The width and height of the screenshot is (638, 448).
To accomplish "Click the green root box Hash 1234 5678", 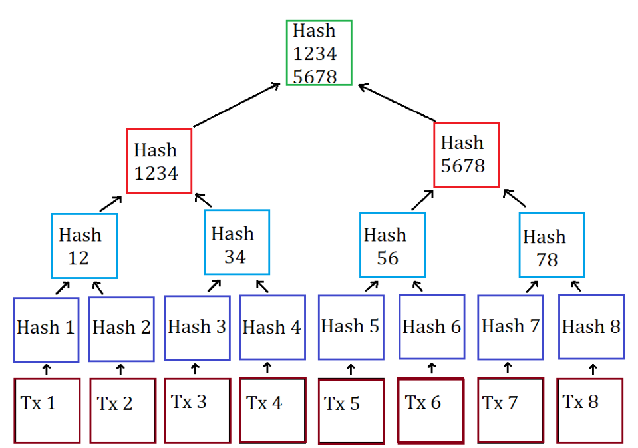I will [319, 53].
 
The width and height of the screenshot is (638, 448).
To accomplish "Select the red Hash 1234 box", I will [159, 161].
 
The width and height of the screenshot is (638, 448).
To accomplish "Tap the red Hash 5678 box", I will [466, 154].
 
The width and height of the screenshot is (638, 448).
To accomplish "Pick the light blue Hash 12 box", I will [84, 246].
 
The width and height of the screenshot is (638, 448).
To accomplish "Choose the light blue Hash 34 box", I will [237, 242].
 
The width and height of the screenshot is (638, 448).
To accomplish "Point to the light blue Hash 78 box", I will [552, 245].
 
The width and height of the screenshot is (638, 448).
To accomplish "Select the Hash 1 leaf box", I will [46, 329].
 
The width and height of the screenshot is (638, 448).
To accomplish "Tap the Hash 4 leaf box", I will [271, 328].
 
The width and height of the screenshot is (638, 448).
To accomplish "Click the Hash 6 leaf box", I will [432, 328].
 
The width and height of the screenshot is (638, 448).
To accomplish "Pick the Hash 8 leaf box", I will [591, 327].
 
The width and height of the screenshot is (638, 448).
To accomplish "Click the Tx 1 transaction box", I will [47, 410].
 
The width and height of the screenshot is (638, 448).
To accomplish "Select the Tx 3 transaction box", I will [197, 410].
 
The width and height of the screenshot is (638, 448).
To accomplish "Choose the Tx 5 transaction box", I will [351, 411].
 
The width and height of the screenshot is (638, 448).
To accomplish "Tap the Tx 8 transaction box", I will [589, 410].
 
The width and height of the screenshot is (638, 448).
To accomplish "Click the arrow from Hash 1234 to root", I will [236, 105].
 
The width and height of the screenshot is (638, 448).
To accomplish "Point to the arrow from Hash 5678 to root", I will [397, 103].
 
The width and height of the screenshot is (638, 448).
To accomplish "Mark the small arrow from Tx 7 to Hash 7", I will [508, 367].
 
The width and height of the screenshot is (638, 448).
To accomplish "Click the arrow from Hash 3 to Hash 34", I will [214, 286].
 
